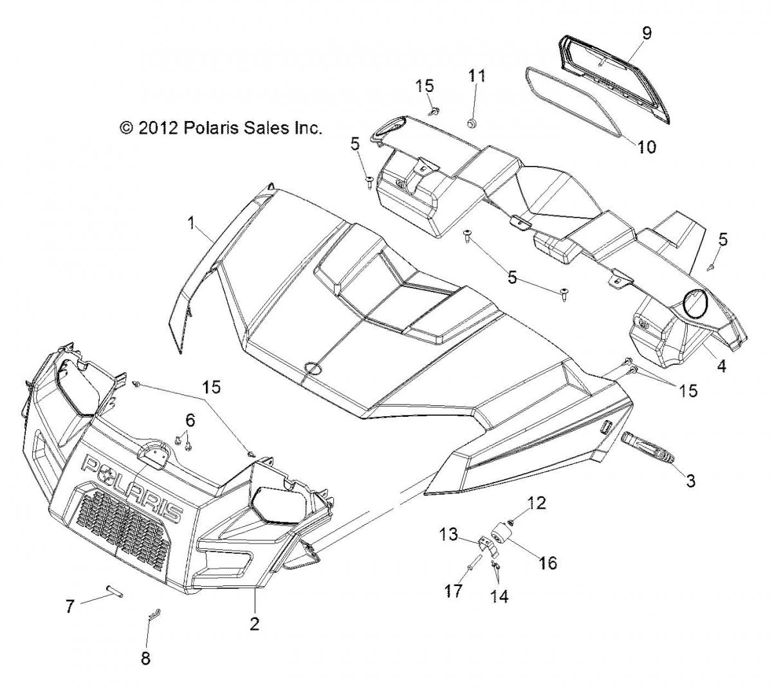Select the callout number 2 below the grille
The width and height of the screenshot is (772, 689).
[x=255, y=623]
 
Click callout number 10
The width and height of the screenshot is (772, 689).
[x=647, y=147]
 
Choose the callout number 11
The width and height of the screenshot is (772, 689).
[x=476, y=76]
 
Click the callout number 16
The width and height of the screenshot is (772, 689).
[x=548, y=563]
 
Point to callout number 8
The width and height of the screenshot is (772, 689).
[x=147, y=659]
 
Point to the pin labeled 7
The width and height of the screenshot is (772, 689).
[x=115, y=593]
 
